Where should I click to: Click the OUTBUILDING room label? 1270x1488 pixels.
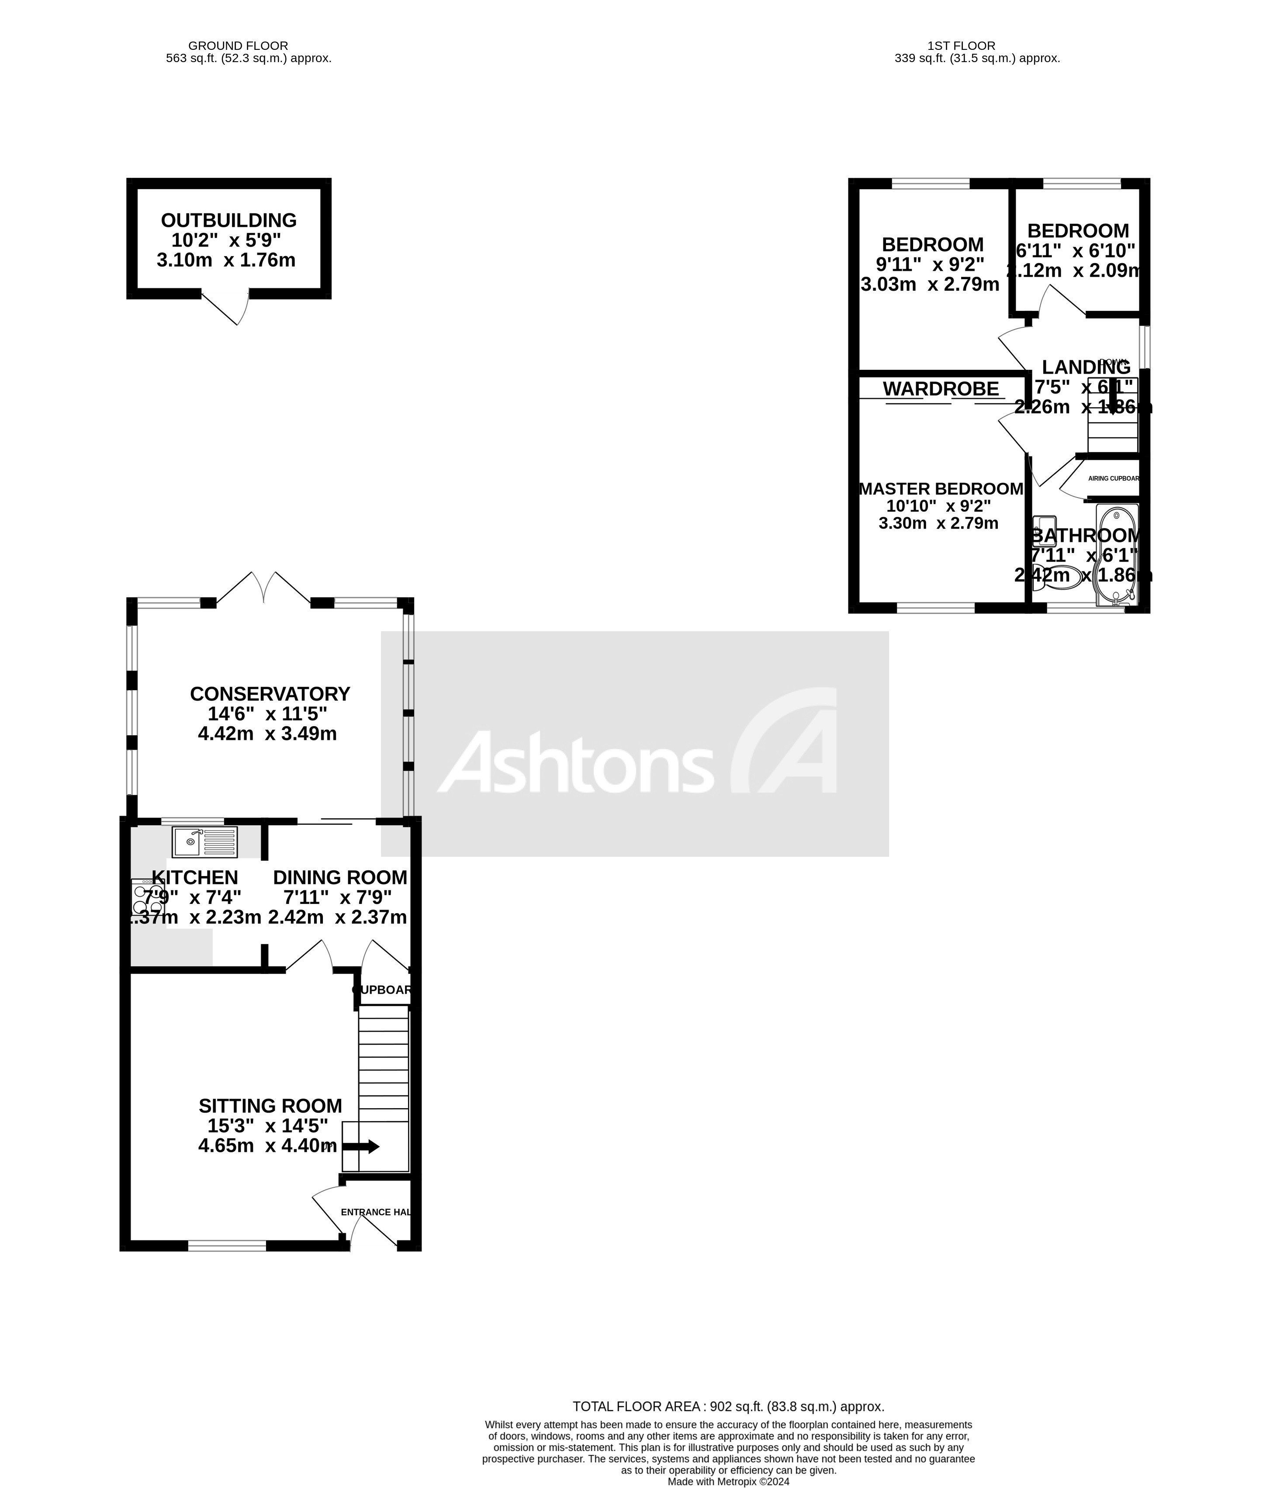pyautogui.click(x=228, y=220)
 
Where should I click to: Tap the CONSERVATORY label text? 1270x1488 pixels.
pyautogui.click(x=270, y=694)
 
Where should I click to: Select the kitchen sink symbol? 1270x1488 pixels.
pyautogui.click(x=204, y=841)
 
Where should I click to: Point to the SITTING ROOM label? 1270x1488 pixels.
pyautogui.click(x=270, y=1106)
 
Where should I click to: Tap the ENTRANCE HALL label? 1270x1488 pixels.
pyautogui.click(x=375, y=1212)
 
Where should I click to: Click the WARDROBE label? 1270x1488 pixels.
pyautogui.click(x=941, y=389)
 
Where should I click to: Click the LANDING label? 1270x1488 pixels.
pyautogui.click(x=1086, y=367)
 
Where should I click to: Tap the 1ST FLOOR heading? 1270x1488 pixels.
pyautogui.click(x=976, y=46)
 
